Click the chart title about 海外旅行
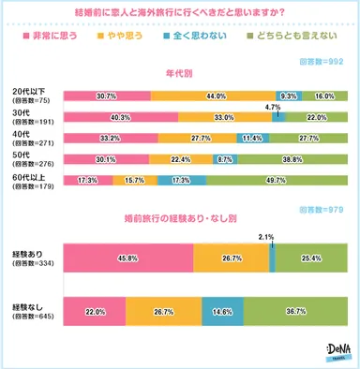click(x=180, y=12)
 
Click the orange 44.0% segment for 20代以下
click(x=213, y=96)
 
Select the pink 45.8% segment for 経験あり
click(x=127, y=257)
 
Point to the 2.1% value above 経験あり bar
click(x=267, y=237)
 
